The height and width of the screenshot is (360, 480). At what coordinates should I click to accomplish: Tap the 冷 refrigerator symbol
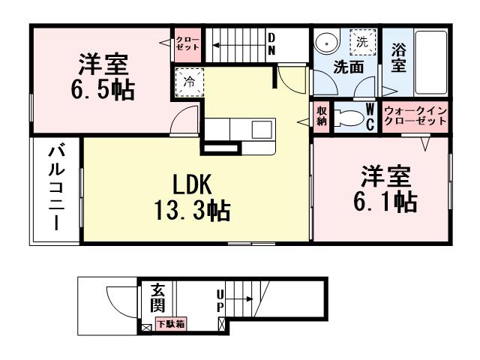(x=190, y=82)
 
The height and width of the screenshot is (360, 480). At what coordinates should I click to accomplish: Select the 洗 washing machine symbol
(x=362, y=41)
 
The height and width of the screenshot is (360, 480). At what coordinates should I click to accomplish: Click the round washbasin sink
(x=327, y=43)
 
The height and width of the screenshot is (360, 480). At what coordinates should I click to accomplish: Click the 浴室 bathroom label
(x=399, y=57)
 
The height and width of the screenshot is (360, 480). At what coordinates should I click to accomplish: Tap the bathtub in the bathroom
(x=431, y=60)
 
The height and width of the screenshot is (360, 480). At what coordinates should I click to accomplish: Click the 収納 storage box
(x=322, y=118)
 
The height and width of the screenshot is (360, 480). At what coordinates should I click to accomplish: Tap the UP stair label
(x=220, y=300)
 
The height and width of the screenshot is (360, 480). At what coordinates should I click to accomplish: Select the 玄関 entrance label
(x=157, y=298)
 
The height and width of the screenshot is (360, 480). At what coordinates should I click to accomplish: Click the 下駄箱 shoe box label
(x=171, y=324)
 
